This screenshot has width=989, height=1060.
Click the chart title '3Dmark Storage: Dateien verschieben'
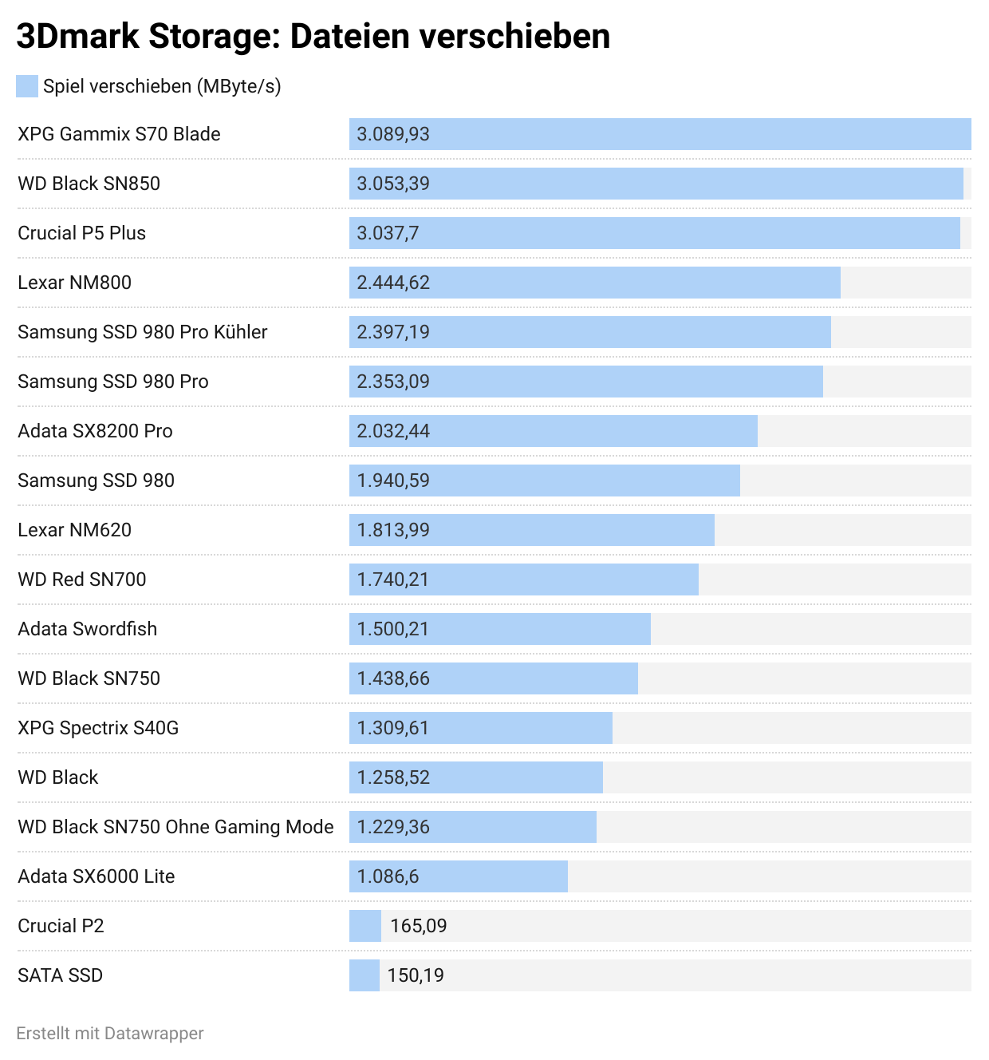(x=313, y=37)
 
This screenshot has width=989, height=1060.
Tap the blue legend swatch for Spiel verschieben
(x=27, y=86)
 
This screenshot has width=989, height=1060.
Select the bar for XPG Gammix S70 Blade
(x=660, y=134)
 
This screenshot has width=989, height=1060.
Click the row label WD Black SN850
(x=89, y=184)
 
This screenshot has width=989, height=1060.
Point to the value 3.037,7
(x=388, y=233)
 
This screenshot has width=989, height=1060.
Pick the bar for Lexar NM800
(x=594, y=283)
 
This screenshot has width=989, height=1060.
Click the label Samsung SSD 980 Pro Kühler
(x=142, y=332)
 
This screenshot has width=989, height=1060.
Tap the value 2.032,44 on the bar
(x=393, y=431)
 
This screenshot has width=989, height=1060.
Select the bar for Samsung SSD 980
(x=544, y=481)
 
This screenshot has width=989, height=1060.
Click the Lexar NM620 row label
(x=74, y=530)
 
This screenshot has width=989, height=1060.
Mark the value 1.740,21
(x=392, y=579)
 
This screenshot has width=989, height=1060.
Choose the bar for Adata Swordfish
(x=499, y=629)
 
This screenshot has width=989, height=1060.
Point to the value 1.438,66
(x=393, y=678)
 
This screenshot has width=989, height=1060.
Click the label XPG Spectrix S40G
(x=98, y=728)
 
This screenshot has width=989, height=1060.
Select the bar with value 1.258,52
(x=475, y=777)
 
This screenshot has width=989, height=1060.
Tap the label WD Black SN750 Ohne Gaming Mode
(x=175, y=827)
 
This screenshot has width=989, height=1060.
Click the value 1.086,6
(x=388, y=876)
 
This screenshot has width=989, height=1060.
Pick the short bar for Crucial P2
(x=365, y=926)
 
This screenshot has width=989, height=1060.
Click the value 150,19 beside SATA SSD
(x=416, y=975)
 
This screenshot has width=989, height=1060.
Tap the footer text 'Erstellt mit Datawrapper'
(x=110, y=1034)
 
